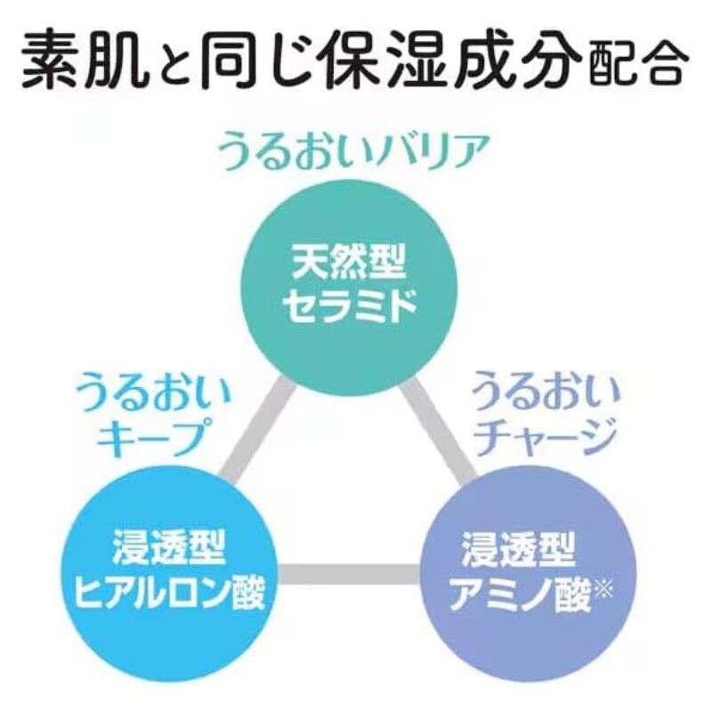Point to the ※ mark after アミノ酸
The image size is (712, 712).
pos(604,585)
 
